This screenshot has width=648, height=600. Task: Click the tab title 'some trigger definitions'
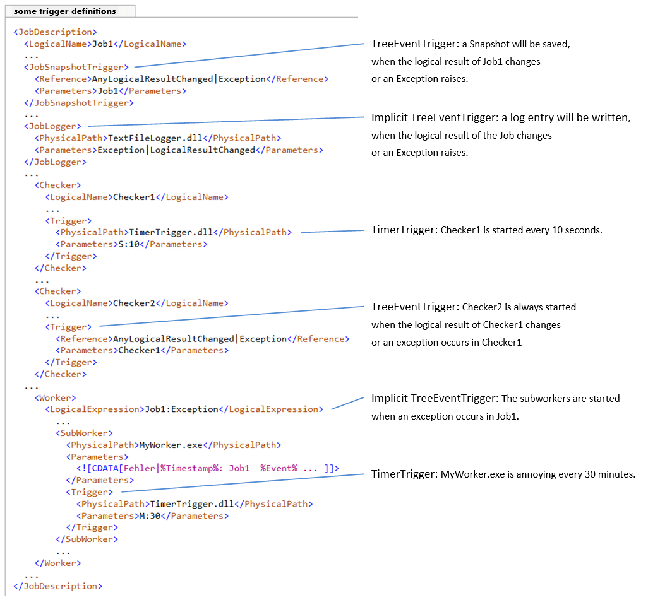tap(64, 11)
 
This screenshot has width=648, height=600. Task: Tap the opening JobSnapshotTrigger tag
tap(76, 67)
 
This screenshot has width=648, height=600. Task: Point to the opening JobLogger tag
tap(53, 126)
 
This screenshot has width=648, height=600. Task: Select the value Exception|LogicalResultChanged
tap(176, 150)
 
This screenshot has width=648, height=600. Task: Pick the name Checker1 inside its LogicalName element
tap(133, 197)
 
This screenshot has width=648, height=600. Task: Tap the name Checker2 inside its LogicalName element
tap(133, 303)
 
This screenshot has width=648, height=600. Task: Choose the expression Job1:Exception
tap(181, 409)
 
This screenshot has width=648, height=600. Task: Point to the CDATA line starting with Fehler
tap(208, 468)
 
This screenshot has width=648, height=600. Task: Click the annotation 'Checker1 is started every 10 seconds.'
tap(521, 230)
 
